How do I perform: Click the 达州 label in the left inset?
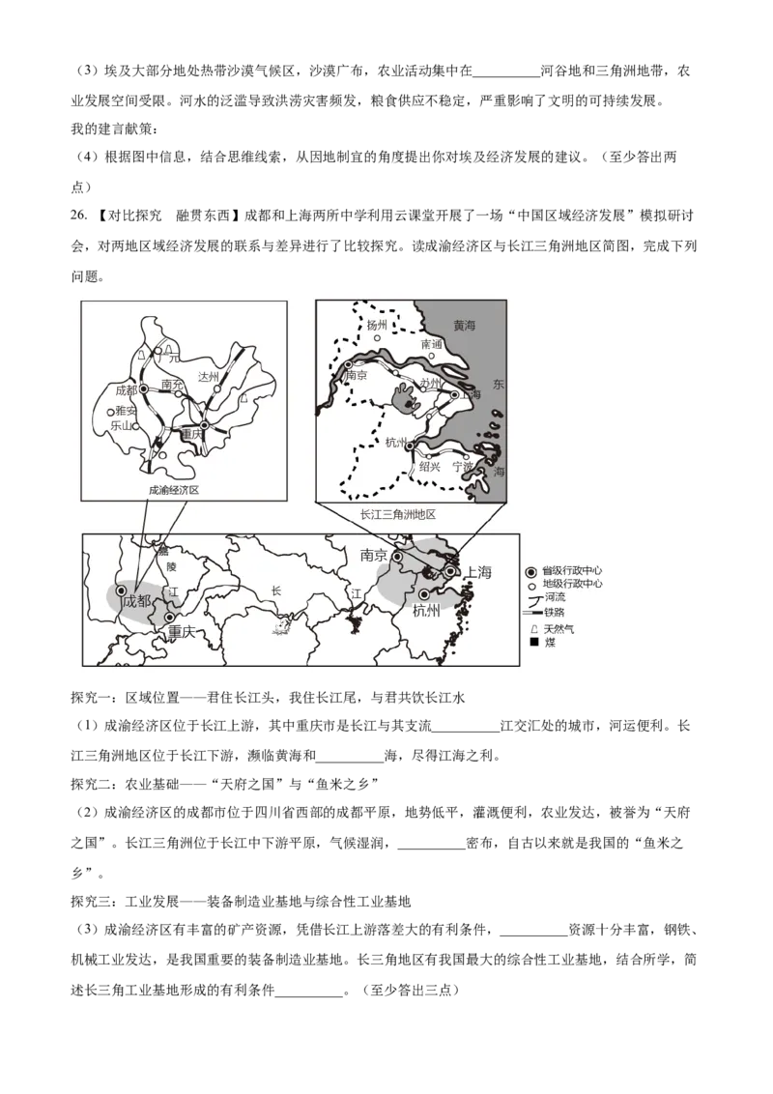[209, 377]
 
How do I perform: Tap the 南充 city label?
[173, 385]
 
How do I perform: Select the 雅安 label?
[126, 411]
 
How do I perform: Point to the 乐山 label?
[121, 424]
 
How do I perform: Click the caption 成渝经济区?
[174, 490]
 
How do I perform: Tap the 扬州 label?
[377, 326]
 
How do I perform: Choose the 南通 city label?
[431, 344]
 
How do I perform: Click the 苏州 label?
[430, 384]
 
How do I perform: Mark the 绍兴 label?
[430, 466]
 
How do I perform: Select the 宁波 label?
[463, 466]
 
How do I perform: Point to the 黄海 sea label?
[465, 327]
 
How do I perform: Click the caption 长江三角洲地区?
[397, 514]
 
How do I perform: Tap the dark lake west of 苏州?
[404, 397]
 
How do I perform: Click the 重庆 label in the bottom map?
[182, 632]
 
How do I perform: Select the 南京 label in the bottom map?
[374, 555]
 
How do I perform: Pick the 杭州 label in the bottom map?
[426, 610]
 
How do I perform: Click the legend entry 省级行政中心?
[573, 570]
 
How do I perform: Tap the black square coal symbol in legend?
[533, 642]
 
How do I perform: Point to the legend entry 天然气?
[558, 628]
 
